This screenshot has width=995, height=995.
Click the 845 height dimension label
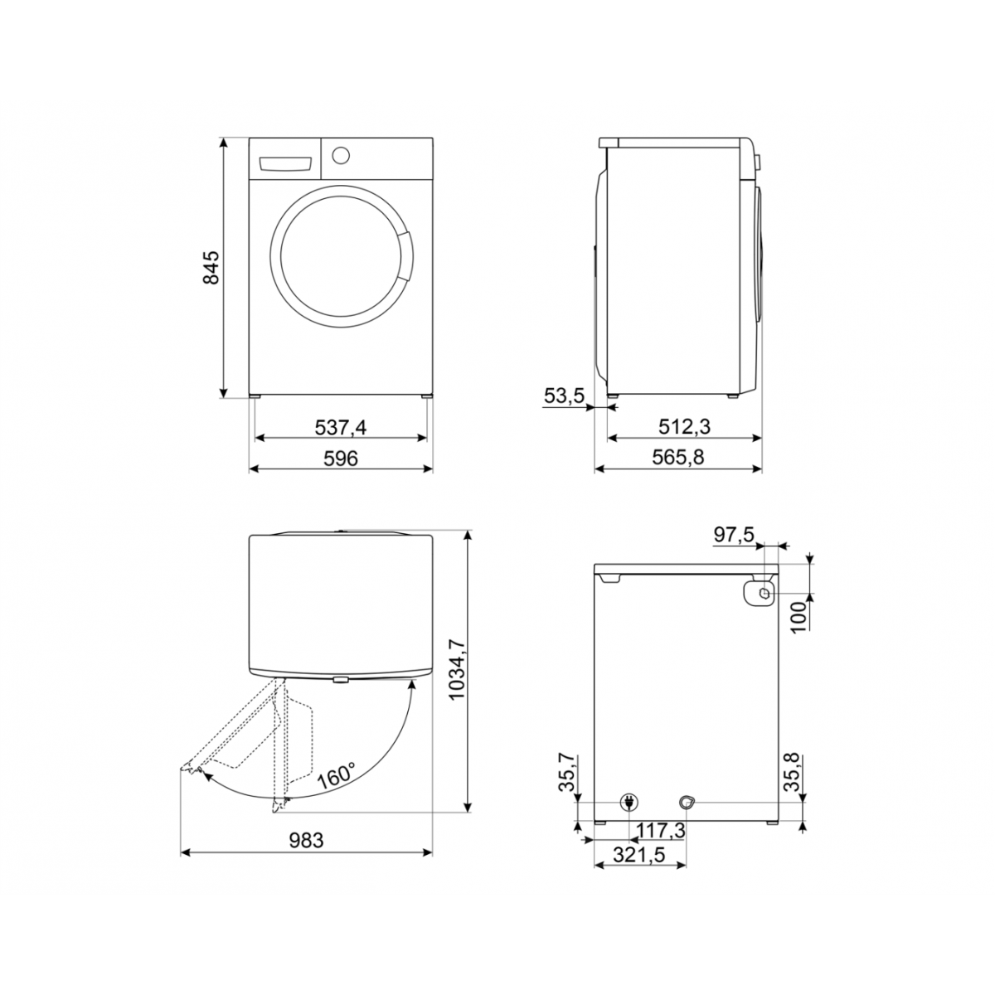211,268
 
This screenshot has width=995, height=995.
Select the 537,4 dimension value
340,428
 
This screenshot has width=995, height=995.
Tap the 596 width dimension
340,458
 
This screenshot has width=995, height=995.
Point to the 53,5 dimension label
563,396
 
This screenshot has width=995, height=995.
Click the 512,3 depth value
685,426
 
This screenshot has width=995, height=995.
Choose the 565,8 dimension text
678,457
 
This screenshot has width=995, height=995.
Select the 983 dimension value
306,840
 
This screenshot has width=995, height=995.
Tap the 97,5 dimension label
735,535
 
